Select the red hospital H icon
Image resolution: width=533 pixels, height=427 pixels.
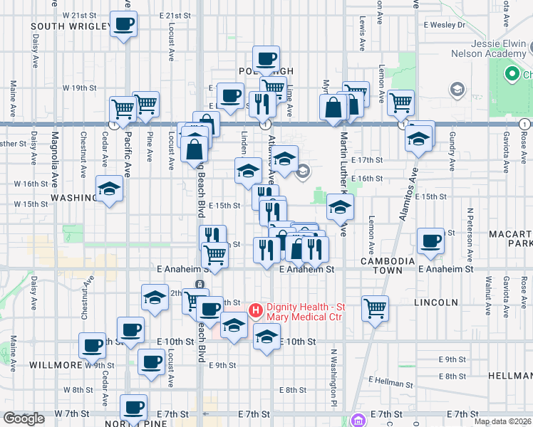(x=255, y=310)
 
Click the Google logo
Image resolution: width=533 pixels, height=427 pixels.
(x=24, y=418)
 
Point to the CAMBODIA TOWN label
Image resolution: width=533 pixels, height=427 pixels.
(x=388, y=266)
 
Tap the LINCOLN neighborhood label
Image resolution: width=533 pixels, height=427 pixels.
(x=435, y=302)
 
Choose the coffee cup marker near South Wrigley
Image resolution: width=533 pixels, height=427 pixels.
(x=123, y=24)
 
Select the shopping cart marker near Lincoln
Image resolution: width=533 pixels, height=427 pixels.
(x=375, y=309)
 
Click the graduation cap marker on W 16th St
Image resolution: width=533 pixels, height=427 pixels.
(x=109, y=189)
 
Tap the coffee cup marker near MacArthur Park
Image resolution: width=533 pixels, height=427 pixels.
(x=430, y=241)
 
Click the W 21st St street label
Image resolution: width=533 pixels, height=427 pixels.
(x=79, y=15)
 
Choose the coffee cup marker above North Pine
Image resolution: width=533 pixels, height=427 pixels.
(x=133, y=408)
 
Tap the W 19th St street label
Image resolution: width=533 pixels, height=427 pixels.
(x=79, y=88)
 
